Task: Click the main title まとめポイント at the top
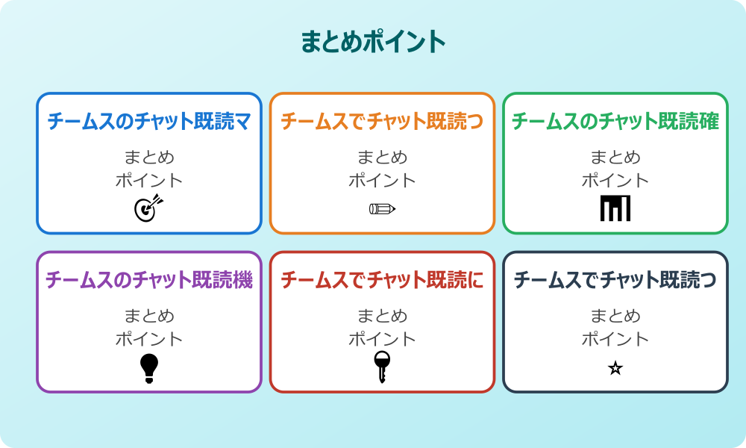coord(373,41)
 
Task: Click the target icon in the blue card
coord(148,208)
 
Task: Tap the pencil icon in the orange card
coord(382,208)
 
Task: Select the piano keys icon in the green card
coord(615,208)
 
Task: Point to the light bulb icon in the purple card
coord(149,367)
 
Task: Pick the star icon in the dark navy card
coord(615,368)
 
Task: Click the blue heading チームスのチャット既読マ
coord(149,121)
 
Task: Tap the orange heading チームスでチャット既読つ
coord(382,121)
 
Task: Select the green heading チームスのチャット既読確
coord(615,121)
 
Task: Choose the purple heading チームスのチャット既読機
coord(149,280)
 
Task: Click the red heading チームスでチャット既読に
coord(382,280)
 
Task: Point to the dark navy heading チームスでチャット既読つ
coord(615,280)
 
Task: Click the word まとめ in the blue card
coord(149,158)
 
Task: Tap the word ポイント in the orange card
coord(382,180)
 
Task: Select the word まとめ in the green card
coord(615,158)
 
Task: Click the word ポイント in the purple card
coord(149,339)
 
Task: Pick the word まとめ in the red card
coord(382,317)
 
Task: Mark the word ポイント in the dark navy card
coord(615,339)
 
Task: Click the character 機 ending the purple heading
coord(242,280)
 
